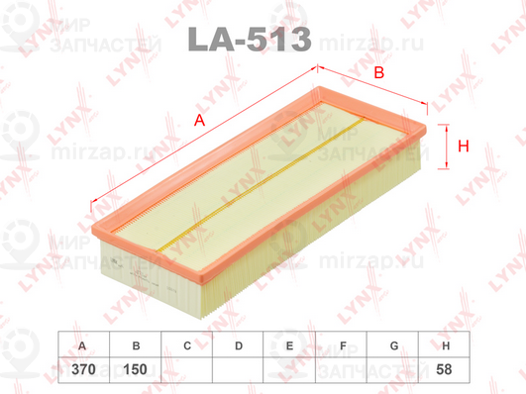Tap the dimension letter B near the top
pyautogui.click(x=377, y=72)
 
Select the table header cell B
pyautogui.click(x=135, y=345)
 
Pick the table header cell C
pyautogui.click(x=187, y=345)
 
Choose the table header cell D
pyautogui.click(x=239, y=345)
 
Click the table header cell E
pyautogui.click(x=290, y=345)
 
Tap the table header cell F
pyautogui.click(x=342, y=345)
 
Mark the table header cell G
pyautogui.click(x=394, y=345)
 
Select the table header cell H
pyautogui.click(x=446, y=345)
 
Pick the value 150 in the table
pyautogui.click(x=135, y=368)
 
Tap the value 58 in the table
pyautogui.click(x=446, y=368)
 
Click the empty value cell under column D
pyautogui.click(x=239, y=368)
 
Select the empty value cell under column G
pyautogui.click(x=394, y=368)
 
